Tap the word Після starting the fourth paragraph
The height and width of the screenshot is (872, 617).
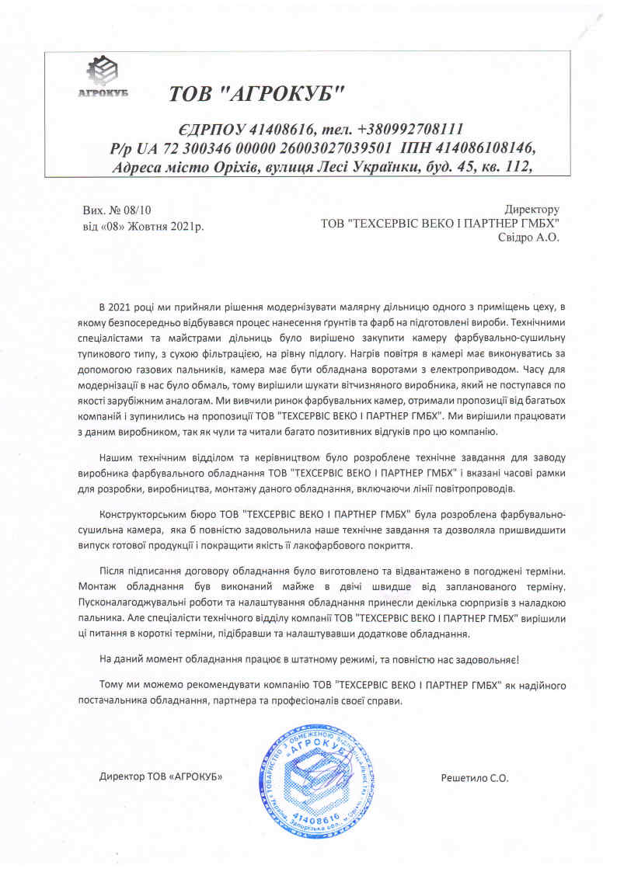click(x=113, y=571)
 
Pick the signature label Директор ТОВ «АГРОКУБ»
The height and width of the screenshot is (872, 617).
click(x=155, y=777)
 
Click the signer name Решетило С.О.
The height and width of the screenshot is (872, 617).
click(x=474, y=777)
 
